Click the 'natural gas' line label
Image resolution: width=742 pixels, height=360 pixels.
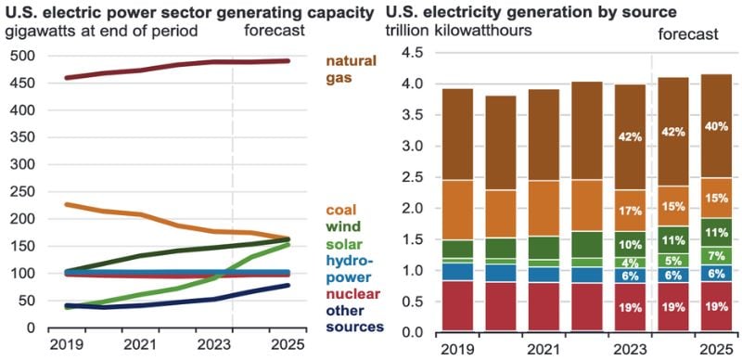tap(351, 71)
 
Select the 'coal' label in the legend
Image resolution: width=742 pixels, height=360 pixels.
tap(340, 210)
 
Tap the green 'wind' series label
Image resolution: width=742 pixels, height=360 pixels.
tap(341, 226)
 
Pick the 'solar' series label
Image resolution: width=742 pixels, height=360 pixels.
tap(343, 243)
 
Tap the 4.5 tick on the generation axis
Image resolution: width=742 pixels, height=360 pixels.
tap(401, 53)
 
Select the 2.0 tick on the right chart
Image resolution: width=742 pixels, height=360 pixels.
tap(401, 209)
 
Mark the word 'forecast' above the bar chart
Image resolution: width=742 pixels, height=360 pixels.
tap(688, 34)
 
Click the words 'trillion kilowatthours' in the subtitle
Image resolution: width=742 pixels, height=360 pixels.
tap(458, 31)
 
